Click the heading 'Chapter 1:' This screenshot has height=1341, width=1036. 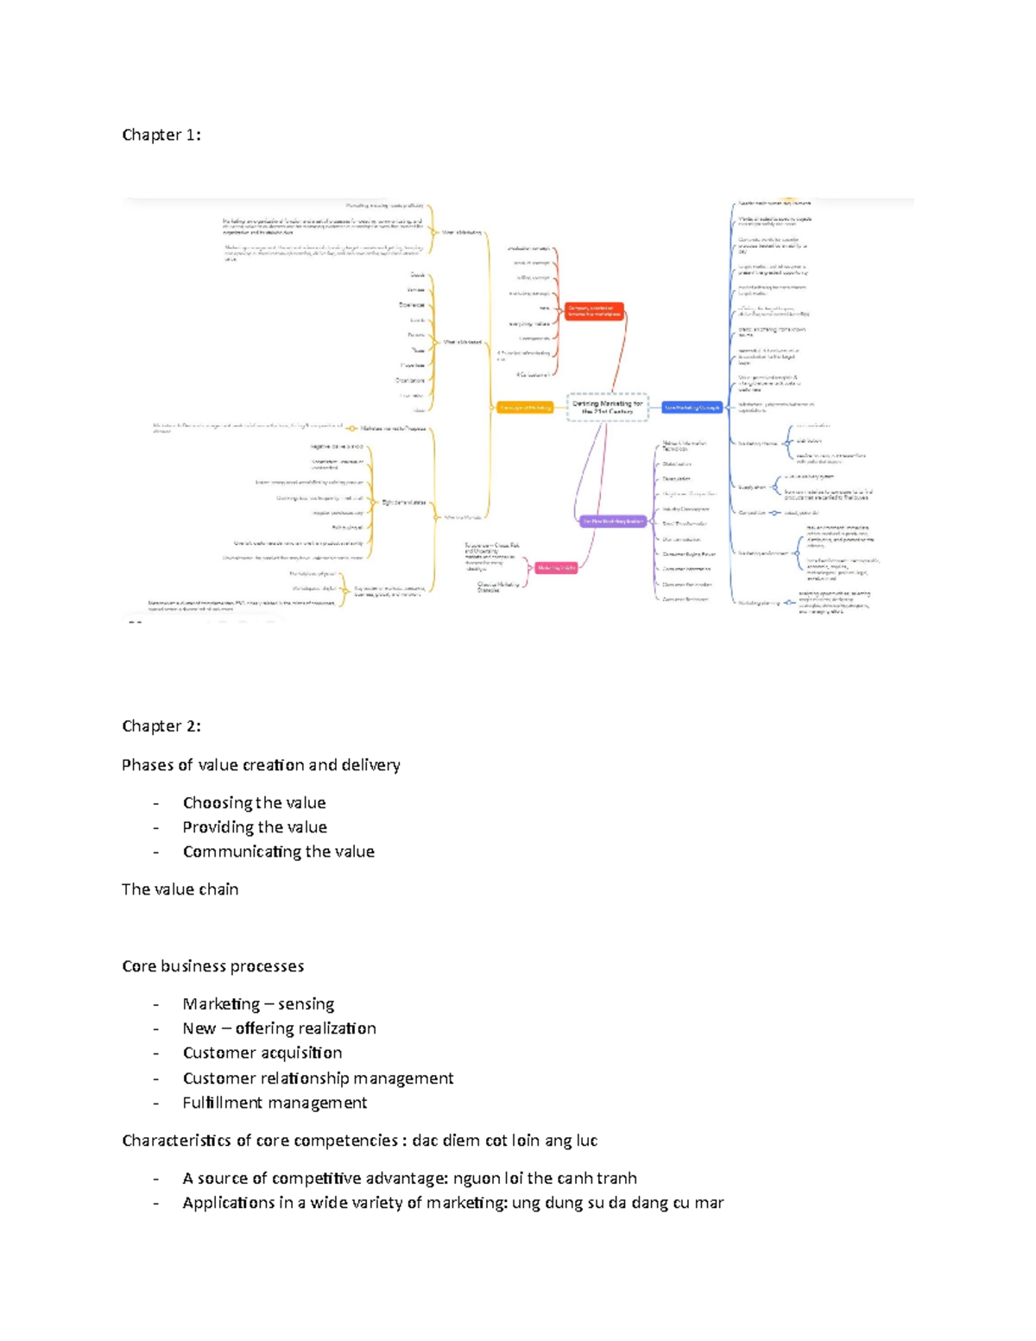tap(161, 135)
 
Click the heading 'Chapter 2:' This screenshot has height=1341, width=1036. tap(161, 726)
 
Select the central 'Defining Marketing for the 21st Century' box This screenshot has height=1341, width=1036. tap(608, 407)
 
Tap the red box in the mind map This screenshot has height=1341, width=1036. tap(594, 311)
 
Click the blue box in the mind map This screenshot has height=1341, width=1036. tap(692, 407)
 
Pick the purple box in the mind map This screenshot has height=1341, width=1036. tap(612, 521)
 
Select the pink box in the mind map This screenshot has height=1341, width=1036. tap(556, 567)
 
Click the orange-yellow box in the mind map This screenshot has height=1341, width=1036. tap(525, 407)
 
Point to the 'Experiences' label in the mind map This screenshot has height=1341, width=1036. tap(412, 305)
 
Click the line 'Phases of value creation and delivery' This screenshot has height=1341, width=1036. tap(261, 765)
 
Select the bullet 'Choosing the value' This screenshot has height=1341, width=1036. tap(254, 803)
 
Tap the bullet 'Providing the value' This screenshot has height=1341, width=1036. tap(255, 827)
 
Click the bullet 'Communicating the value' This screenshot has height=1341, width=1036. tap(278, 851)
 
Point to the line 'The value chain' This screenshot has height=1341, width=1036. tap(180, 889)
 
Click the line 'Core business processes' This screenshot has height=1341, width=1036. tap(212, 966)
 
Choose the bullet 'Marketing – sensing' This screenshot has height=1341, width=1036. tap(258, 1004)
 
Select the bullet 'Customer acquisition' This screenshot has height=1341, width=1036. tap(262, 1053)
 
